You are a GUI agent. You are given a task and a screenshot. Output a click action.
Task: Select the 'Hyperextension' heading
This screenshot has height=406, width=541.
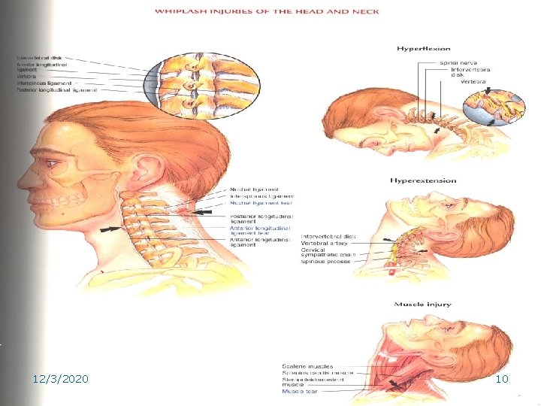pos(423,180)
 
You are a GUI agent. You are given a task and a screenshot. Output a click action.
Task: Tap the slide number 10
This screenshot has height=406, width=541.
pos(503,380)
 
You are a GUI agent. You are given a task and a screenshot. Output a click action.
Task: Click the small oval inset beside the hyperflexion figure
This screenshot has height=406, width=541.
pos(491,102)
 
